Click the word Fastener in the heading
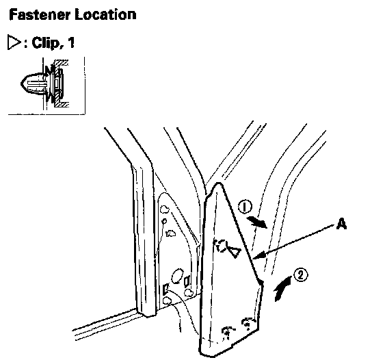coord(40,14)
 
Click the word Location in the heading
coord(105,14)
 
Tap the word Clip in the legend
coord(46,43)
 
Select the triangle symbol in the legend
coord(14,42)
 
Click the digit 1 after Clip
coord(70,42)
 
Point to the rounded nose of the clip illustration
coord(23,83)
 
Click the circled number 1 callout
coord(245,207)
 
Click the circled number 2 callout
coord(301,275)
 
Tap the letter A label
coord(341,223)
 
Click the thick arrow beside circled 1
coord(257,222)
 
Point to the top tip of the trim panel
coord(219,183)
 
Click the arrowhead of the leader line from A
coord(256,257)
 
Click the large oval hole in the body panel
coord(177,276)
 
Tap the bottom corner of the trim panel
coord(202,354)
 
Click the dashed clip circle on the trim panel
coord(220,246)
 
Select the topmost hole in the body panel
coord(165,209)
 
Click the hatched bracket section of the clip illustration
coord(59,83)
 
